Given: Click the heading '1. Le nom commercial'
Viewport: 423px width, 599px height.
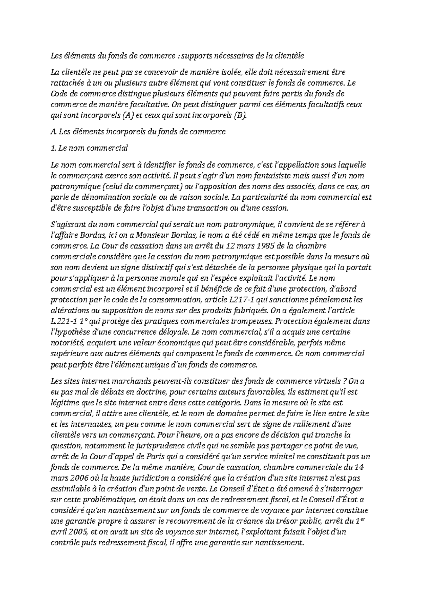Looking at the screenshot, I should coord(89,148).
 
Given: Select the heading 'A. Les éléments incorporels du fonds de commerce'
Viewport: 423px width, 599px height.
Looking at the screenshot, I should coord(138,132).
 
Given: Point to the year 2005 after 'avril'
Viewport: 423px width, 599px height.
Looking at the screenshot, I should coord(75,532).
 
